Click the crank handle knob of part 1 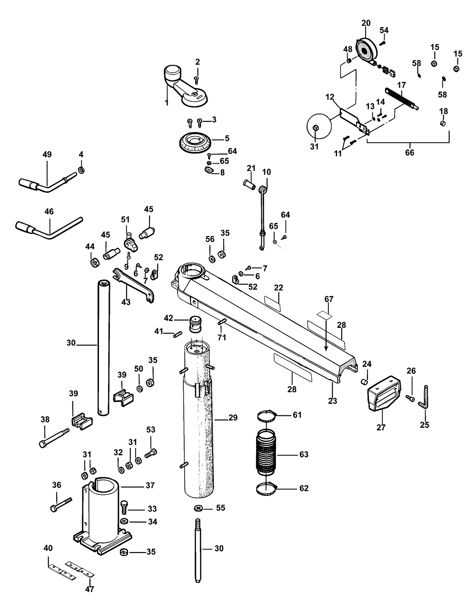172,74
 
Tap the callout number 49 47,155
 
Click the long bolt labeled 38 54,437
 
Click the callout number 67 329,299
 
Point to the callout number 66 409,153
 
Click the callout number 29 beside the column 233,418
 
